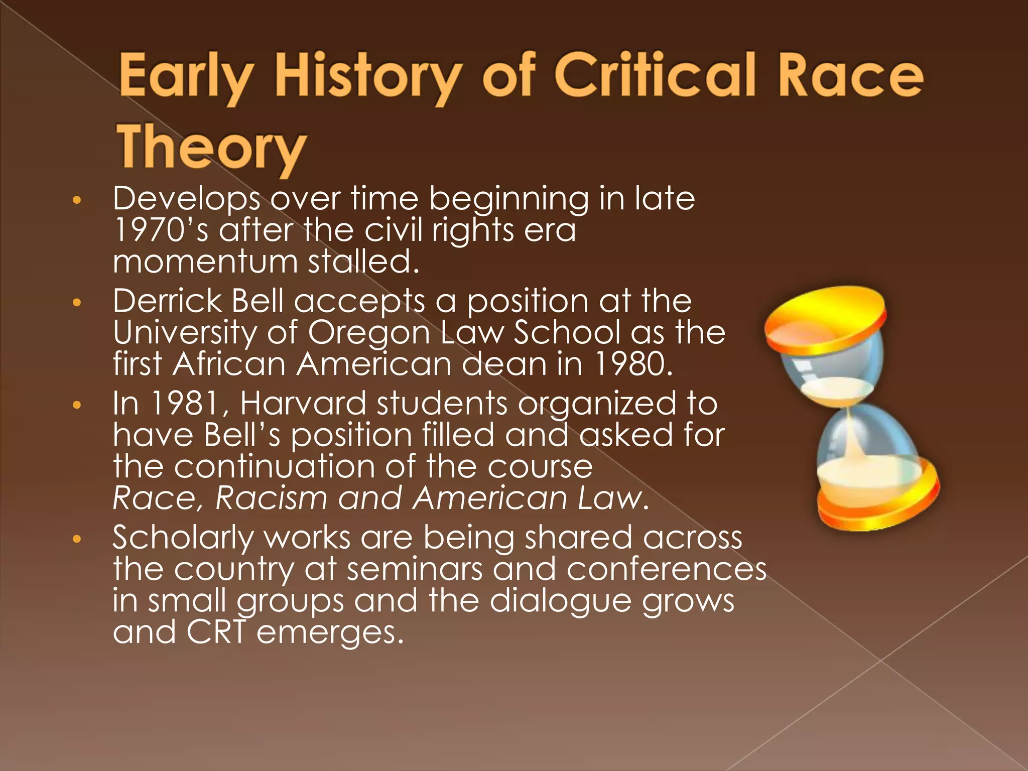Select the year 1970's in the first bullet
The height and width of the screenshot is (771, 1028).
point(161,230)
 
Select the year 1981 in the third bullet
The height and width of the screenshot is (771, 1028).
point(185,403)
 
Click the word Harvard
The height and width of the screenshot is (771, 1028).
point(303,403)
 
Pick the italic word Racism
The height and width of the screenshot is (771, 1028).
point(271,498)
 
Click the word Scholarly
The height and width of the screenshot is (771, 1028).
point(183,538)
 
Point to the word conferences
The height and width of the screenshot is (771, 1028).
point(666,569)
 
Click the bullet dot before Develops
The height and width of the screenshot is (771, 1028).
point(76,200)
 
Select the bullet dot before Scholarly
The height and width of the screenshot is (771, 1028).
point(76,540)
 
